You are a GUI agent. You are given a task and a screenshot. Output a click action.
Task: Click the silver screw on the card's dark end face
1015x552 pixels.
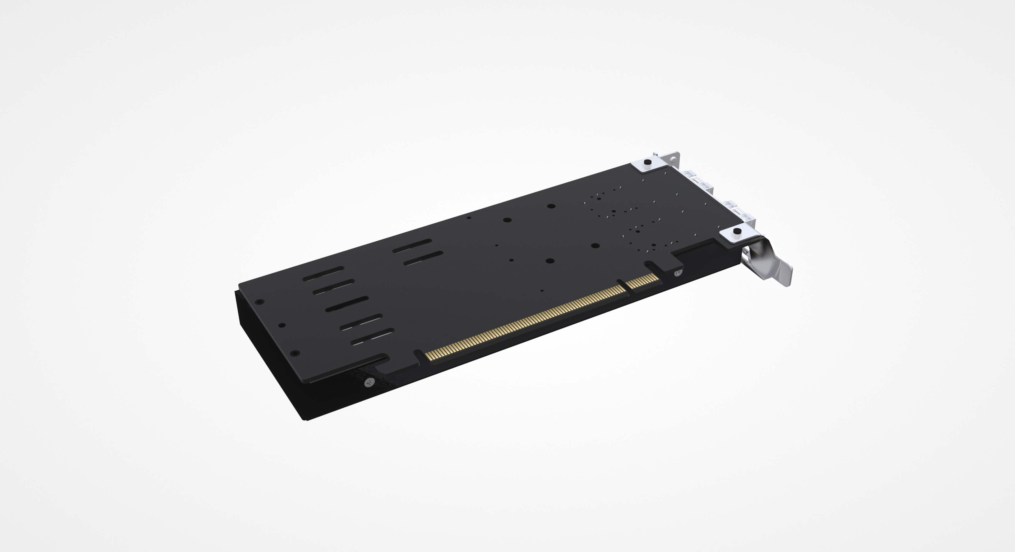click(x=369, y=381)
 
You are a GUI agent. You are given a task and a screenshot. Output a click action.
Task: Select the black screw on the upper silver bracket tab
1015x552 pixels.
click(x=647, y=162)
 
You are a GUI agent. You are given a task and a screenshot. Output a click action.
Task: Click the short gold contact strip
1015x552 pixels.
click(x=642, y=280)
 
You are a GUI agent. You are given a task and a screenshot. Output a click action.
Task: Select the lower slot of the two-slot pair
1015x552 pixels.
click(x=423, y=258)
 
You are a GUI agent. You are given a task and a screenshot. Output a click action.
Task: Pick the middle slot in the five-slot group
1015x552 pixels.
click(x=347, y=304)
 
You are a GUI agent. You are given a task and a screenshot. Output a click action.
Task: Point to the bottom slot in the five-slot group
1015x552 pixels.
click(x=372, y=336)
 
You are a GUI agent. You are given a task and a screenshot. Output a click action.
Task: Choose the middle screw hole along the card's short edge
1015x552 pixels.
click(x=282, y=325)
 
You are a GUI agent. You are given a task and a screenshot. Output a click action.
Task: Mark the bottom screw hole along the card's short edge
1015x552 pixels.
click(x=296, y=353)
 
